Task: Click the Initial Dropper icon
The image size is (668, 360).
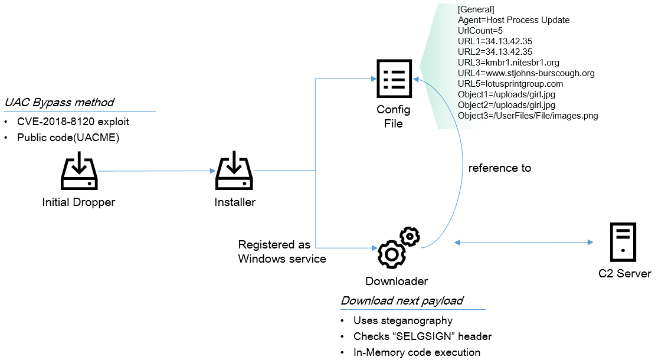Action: point(78,171)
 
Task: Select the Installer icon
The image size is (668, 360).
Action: point(234,171)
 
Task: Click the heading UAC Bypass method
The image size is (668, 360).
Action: point(59,103)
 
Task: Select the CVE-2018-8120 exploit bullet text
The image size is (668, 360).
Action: point(73,122)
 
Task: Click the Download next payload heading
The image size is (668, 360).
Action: point(402,300)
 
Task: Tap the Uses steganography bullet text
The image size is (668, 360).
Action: point(402,320)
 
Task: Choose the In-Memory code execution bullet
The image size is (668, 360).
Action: point(417,352)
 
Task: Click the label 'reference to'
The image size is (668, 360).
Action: point(499,168)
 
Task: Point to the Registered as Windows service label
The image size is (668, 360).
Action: point(281,251)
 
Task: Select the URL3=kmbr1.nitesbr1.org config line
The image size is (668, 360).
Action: point(508,63)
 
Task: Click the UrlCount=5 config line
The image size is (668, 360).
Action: point(480,31)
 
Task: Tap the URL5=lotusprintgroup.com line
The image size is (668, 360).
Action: point(510,84)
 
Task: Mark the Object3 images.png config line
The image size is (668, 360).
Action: point(528,116)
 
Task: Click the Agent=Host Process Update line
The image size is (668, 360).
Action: point(513,20)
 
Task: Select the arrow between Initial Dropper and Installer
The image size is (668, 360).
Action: point(157,171)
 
